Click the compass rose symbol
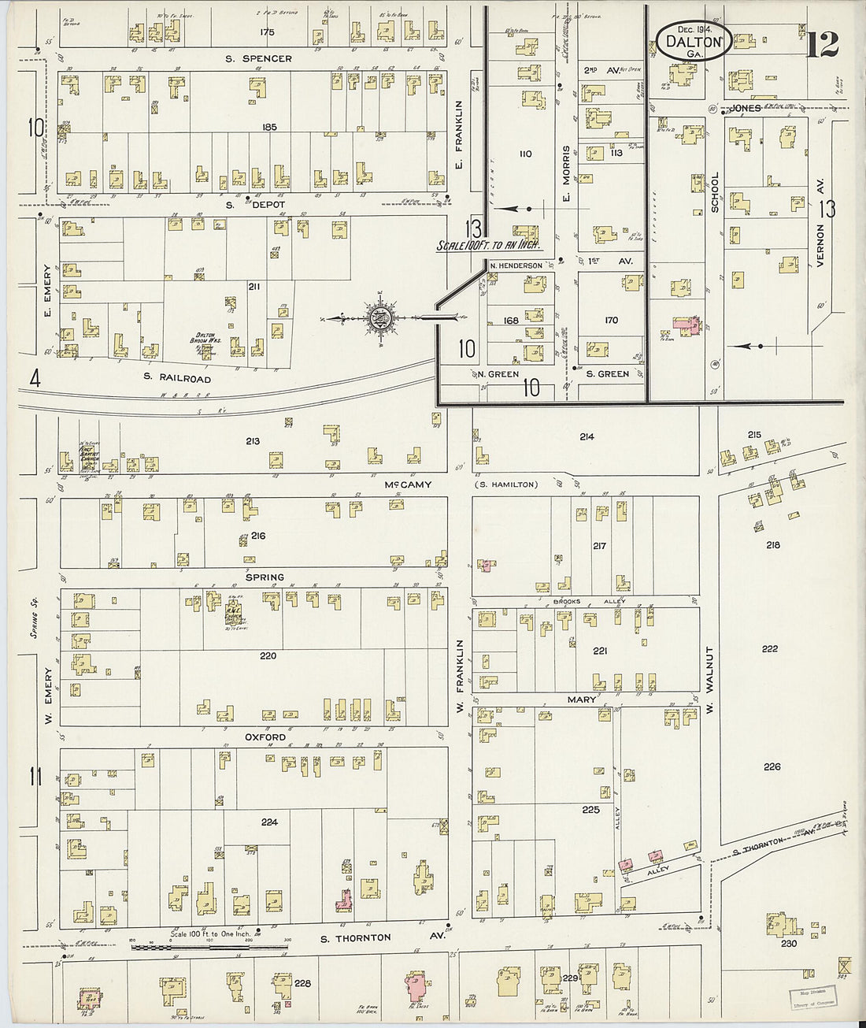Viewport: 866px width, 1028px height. pyautogui.click(x=379, y=317)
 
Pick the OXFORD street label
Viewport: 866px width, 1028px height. pyautogui.click(x=265, y=737)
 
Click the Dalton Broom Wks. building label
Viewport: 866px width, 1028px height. pyautogui.click(x=207, y=341)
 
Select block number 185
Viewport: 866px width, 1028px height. pyautogui.click(x=270, y=127)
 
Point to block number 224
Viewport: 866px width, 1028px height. pyautogui.click(x=269, y=822)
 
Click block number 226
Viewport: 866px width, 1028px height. pyautogui.click(x=772, y=766)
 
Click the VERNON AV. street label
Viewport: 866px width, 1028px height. pyautogui.click(x=820, y=244)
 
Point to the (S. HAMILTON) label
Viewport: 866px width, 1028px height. pyautogui.click(x=505, y=484)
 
